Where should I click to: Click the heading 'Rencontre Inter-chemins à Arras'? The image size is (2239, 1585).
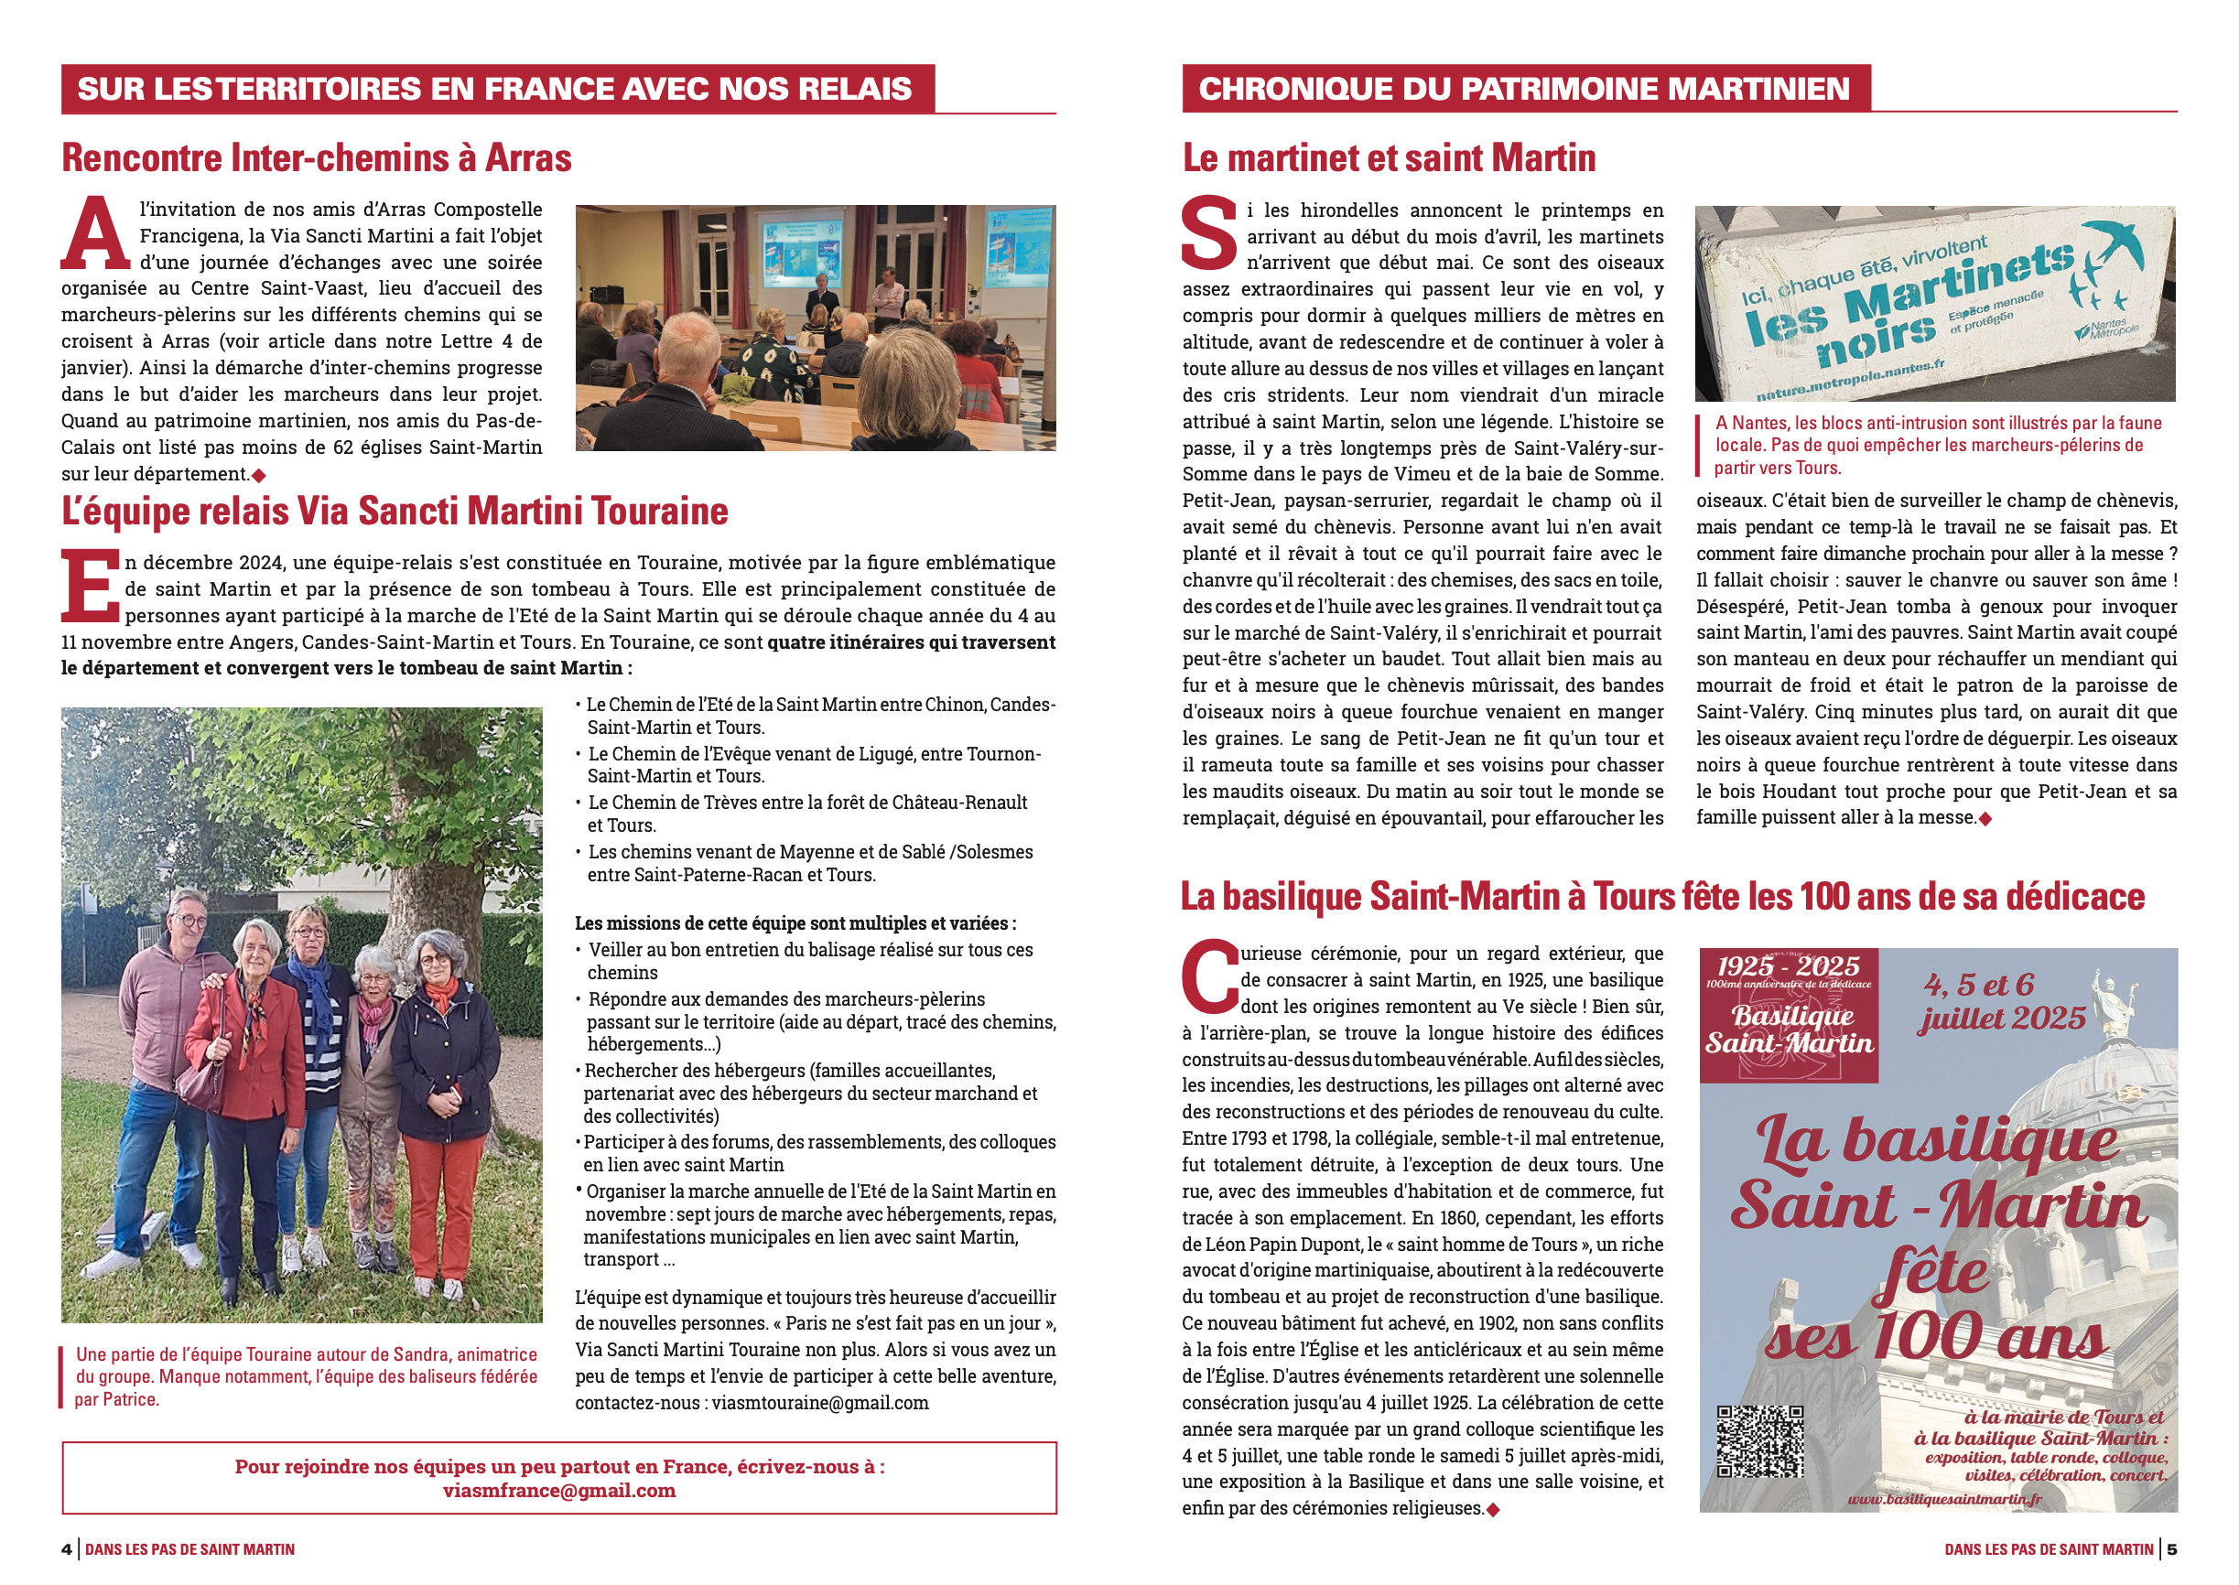pos(316,158)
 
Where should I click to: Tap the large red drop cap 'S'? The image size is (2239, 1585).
pos(1208,234)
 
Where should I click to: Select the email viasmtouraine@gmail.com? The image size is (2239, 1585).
pos(820,1403)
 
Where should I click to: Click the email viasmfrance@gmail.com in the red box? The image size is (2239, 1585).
pos(558,1491)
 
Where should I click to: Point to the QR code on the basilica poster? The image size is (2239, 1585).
pos(1759,1441)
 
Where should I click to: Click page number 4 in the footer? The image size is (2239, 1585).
pos(67,1549)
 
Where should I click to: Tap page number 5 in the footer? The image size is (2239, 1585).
pos(2171,1549)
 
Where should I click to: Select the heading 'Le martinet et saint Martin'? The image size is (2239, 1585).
pos(1388,158)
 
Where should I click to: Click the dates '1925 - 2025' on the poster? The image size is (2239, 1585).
pos(1788,966)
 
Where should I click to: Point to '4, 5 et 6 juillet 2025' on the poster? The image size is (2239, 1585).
pos(2001,1002)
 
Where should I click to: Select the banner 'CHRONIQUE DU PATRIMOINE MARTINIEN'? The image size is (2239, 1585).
pos(1523,89)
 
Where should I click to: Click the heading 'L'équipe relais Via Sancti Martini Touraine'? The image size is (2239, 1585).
pos(395,512)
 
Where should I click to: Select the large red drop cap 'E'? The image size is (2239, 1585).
pos(90,587)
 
